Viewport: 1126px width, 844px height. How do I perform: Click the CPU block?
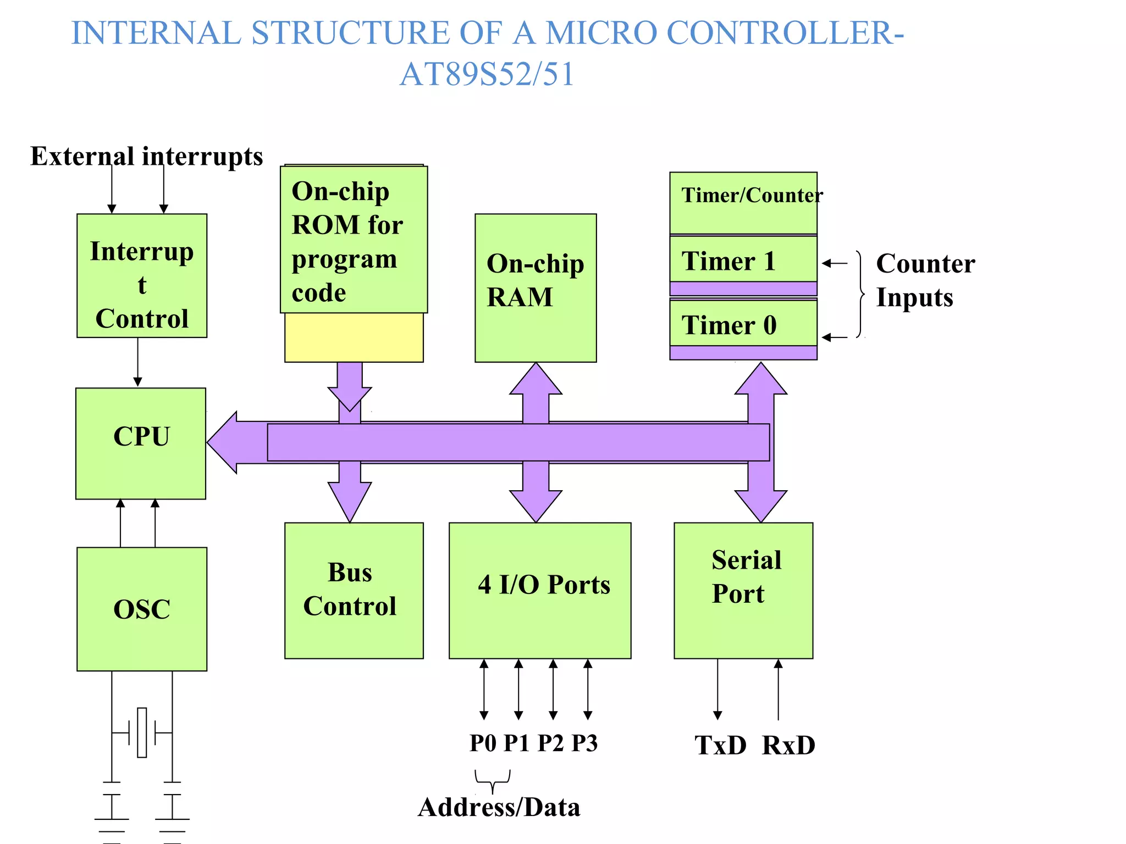point(141,443)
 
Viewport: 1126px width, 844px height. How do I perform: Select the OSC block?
point(141,609)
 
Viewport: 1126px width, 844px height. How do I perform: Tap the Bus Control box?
point(354,590)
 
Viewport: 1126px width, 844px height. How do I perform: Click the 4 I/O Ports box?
point(539,590)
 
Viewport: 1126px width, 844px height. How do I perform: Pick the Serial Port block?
point(743,590)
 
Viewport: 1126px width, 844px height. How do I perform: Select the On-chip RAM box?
point(535,287)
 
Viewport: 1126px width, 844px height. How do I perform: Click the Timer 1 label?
point(728,260)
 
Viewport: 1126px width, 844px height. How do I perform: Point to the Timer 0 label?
point(728,325)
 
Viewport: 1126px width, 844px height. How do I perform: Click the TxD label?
point(720,746)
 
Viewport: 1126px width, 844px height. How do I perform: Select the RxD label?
point(788,746)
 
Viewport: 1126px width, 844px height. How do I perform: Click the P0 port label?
point(483,743)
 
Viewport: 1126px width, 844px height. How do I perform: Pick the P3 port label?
point(584,743)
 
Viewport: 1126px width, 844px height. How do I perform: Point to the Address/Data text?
point(499,807)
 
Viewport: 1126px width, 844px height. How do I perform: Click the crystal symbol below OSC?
point(142,732)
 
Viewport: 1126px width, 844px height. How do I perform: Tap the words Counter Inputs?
point(925,280)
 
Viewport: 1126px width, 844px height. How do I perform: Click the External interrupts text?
point(146,156)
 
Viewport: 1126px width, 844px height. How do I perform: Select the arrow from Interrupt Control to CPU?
point(137,362)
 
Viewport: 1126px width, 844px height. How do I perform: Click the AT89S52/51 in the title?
point(487,74)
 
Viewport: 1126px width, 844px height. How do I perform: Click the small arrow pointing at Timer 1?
point(835,263)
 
